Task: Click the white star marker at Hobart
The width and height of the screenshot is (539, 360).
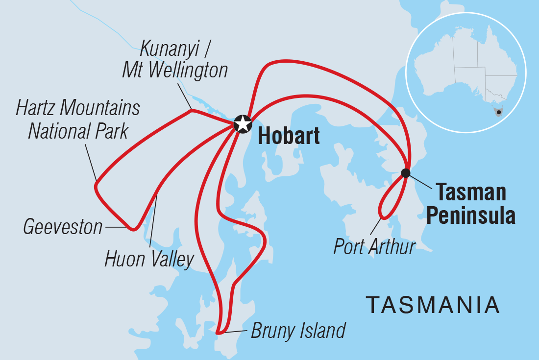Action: click(x=243, y=124)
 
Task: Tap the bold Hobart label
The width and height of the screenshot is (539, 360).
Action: click(x=289, y=136)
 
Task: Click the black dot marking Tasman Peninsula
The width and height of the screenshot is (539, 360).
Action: click(x=405, y=172)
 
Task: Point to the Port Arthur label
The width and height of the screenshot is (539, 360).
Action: click(x=374, y=247)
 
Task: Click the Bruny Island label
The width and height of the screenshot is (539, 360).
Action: click(x=298, y=331)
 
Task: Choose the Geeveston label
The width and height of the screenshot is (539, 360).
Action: click(x=63, y=227)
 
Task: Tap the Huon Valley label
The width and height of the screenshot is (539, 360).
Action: click(x=149, y=260)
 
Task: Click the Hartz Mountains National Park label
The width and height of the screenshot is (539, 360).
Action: click(x=78, y=120)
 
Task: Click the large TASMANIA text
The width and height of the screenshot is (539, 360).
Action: click(x=433, y=305)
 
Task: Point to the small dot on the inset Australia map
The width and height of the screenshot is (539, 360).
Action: click(x=499, y=112)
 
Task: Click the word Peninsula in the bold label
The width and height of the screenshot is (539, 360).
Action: click(x=470, y=216)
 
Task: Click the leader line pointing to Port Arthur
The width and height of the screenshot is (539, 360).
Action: click(x=375, y=228)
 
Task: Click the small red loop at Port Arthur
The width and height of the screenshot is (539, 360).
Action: click(x=387, y=206)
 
